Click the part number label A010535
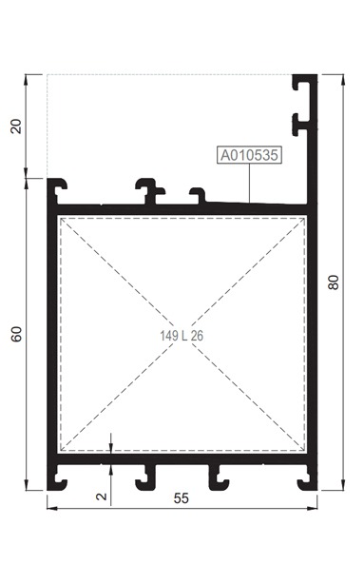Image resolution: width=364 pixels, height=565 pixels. click(249, 155)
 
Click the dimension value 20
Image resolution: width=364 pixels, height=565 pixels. click(16, 127)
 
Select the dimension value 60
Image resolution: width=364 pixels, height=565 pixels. click(16, 334)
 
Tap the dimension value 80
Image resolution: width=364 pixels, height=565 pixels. click(334, 282)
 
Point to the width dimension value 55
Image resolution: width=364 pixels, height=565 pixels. click(182, 498)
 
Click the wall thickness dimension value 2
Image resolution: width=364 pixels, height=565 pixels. click(103, 497)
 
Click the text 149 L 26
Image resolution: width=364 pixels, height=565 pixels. click(182, 336)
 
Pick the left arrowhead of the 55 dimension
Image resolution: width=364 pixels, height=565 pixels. click(52, 508)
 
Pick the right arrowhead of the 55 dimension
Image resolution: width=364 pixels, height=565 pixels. click(312, 508)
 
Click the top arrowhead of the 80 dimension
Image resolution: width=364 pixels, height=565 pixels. click(343, 80)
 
